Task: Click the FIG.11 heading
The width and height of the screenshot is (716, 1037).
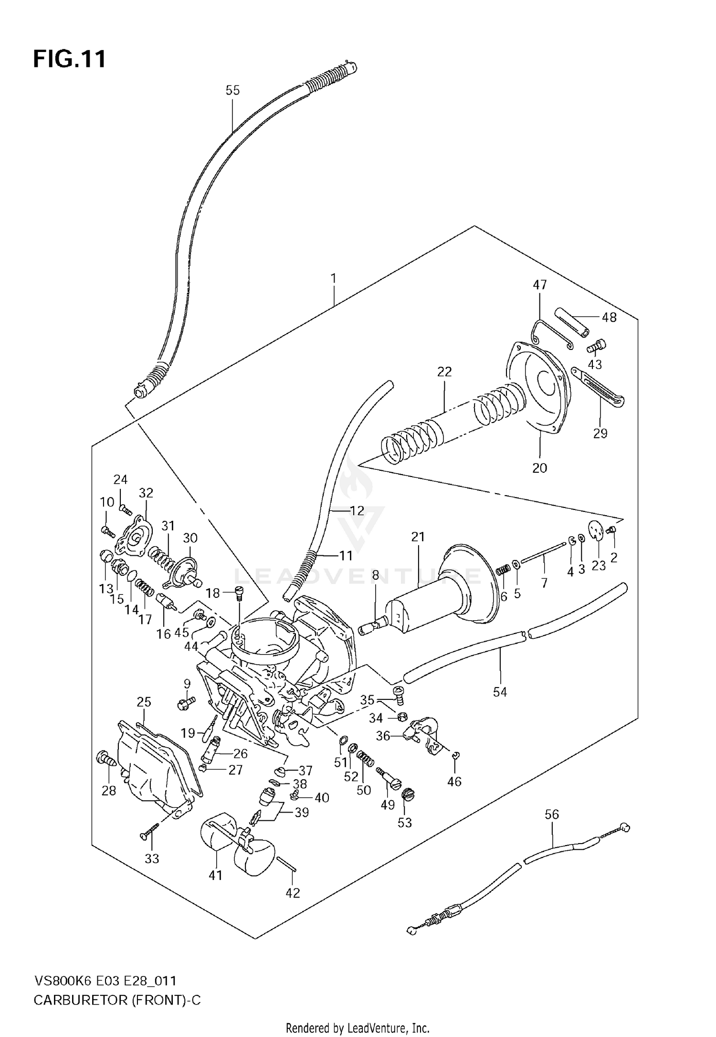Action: coord(69,59)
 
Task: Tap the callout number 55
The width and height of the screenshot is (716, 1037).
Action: coord(232,90)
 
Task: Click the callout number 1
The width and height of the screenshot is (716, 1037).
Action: coord(334,278)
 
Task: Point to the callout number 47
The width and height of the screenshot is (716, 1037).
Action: coord(539,285)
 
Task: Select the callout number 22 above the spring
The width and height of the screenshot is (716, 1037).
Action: coord(444,371)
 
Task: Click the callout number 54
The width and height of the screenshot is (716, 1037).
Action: coord(500,692)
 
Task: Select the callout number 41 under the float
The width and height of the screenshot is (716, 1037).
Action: coord(216,875)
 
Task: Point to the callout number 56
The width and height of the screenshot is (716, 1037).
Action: coord(551,814)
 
